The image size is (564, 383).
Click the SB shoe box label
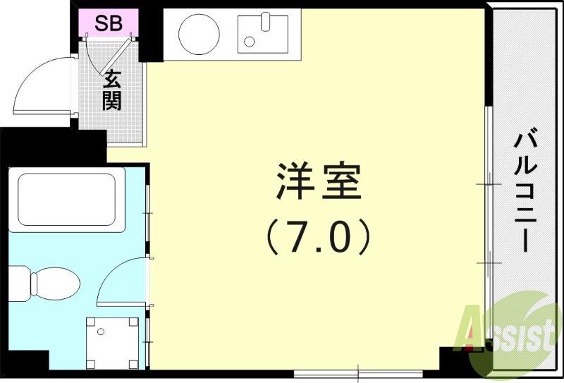point(109,23)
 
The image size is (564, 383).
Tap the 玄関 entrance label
point(111,90)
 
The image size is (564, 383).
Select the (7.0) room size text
point(318,238)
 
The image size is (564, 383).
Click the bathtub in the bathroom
point(66,199)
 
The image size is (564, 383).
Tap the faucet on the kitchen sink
point(266,20)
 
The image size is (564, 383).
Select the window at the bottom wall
point(360,371)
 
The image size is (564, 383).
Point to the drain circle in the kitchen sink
point(250,41)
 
